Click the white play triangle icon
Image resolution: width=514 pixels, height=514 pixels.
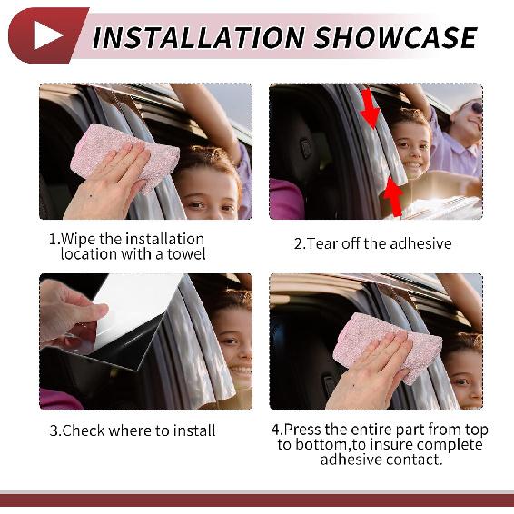click(x=47, y=35)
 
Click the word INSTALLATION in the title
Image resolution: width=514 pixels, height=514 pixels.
click(x=198, y=37)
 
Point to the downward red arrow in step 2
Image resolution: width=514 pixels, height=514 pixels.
click(x=370, y=110)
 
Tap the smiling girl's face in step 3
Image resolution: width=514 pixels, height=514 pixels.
click(x=233, y=345)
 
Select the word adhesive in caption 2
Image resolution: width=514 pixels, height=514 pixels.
click(x=418, y=243)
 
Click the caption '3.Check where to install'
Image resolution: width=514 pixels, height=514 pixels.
click(x=133, y=430)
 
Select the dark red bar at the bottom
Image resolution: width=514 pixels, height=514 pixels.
click(x=257, y=499)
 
